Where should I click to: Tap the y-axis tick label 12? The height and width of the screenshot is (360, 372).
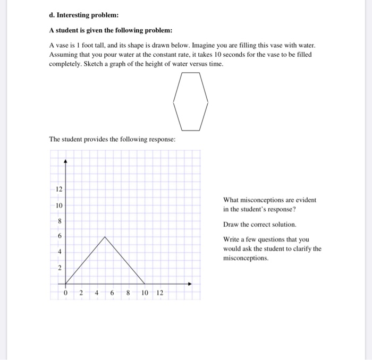pos(59,190)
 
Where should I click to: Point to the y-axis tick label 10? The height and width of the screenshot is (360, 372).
pos(59,205)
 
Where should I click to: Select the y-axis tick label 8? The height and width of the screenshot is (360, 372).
pos(60,221)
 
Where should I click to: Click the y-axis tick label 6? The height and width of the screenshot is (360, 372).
pos(60,236)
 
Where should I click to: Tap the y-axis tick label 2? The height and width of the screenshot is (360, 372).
pos(60,268)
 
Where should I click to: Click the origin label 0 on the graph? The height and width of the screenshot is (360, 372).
pos(65,293)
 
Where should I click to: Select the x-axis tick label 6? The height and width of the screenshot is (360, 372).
pos(113,293)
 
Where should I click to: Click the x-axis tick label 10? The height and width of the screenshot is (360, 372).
pos(145,293)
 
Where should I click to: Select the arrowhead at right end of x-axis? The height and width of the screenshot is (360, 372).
pos(189,284)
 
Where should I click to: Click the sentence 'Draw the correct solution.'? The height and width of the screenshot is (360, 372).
pos(259,224)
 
